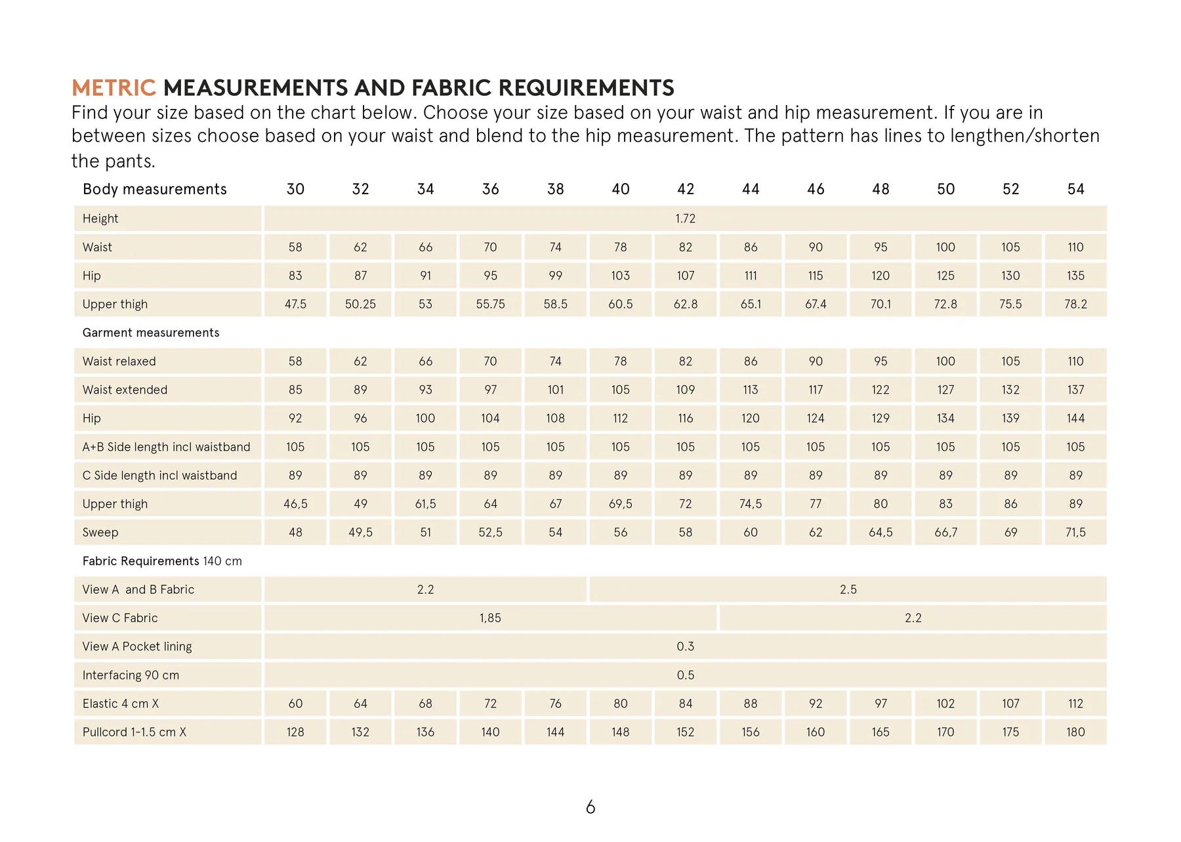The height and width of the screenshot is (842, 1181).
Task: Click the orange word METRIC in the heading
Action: [x=114, y=88]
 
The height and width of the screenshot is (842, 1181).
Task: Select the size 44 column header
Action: [x=751, y=189]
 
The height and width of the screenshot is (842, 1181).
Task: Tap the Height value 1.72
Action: [x=685, y=219]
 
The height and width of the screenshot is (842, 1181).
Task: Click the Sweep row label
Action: [x=100, y=532]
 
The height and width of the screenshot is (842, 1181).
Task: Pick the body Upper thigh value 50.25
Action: [x=360, y=304]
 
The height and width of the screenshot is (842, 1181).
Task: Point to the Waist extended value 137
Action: [x=1075, y=390]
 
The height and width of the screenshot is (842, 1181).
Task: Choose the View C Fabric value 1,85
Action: [x=490, y=618]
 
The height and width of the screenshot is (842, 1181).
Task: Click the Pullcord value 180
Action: [x=1075, y=732]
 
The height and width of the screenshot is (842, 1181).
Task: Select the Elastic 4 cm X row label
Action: [x=121, y=704]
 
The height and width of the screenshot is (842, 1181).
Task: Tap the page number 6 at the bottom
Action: [x=590, y=807]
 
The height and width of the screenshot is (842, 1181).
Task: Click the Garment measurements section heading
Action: [x=151, y=333]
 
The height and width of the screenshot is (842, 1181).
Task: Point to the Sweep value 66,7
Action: [x=945, y=532]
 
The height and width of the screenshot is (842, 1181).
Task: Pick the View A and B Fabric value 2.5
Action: [x=848, y=589]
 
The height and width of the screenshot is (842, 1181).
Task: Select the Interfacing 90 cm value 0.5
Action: [x=685, y=675]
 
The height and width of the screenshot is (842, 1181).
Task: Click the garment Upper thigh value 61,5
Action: [x=425, y=504]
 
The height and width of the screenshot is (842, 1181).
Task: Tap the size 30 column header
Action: [x=295, y=189]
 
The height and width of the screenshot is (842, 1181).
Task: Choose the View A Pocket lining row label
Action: [x=137, y=646]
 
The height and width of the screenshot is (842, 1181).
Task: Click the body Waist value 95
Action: [x=881, y=247]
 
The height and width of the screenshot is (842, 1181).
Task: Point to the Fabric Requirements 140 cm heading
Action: [x=162, y=561]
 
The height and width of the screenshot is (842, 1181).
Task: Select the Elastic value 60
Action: [x=295, y=704]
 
